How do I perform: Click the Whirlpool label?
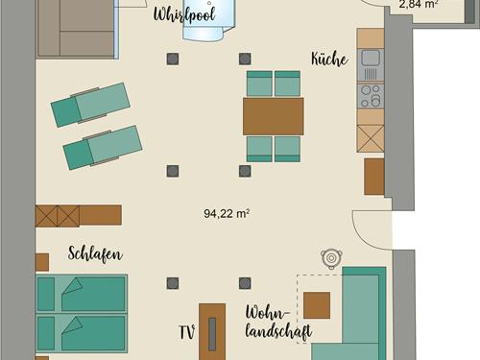pos(184,14)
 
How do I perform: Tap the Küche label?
pos(329,60)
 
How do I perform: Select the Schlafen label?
pos(95,254)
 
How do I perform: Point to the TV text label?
pos(187,332)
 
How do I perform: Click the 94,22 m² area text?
pos(227,213)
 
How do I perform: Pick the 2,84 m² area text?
pos(419,4)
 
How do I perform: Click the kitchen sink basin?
pos(371,58)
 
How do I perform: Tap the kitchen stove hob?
pos(371,95)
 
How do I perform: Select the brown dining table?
pos(274,116)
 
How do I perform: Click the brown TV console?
pos(212,332)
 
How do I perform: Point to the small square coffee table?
pos(317,305)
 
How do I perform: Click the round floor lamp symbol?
pos(331,258)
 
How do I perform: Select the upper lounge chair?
pos(91,105)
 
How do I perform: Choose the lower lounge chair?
pos(103,147)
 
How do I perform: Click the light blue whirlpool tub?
pos(207,25)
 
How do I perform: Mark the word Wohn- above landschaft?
pos(267,313)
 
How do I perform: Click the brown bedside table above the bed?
pos(42,262)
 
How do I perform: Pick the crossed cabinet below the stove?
pos(371,138)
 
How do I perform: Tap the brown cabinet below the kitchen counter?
pos(374,177)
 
